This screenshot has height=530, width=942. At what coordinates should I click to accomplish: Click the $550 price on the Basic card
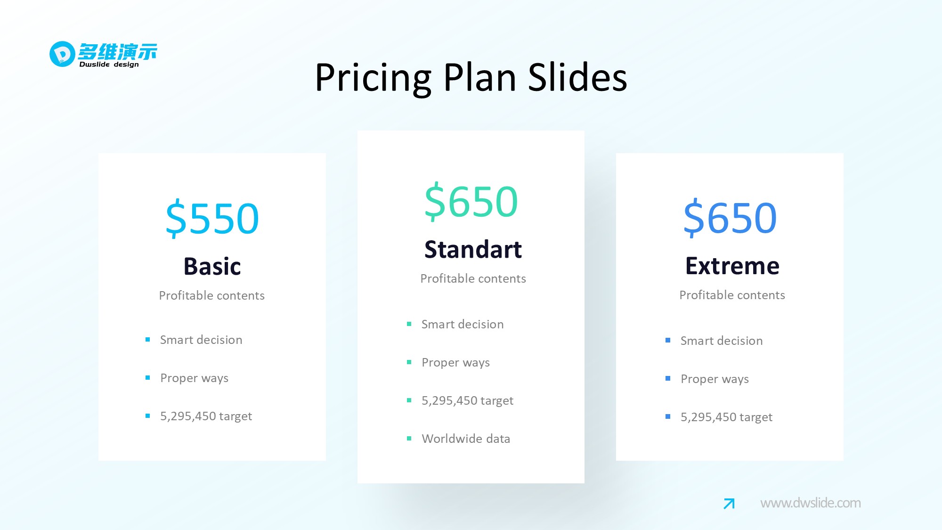click(212, 218)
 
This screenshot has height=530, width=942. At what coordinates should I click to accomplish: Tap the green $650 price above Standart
click(471, 202)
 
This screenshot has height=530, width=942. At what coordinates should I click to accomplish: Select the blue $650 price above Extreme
click(730, 218)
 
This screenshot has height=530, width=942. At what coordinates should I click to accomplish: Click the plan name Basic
click(212, 266)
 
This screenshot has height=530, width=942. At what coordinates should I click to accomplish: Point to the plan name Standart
click(473, 249)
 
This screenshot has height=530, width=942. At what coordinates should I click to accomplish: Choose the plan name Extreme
click(732, 266)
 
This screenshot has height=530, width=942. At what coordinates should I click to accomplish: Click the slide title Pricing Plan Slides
click(471, 77)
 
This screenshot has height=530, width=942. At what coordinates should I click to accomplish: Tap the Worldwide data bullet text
click(466, 439)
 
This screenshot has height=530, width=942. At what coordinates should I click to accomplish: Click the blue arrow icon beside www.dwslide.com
click(729, 504)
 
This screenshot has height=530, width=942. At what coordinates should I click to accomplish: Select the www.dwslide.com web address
click(811, 503)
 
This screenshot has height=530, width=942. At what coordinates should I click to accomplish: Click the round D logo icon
click(62, 54)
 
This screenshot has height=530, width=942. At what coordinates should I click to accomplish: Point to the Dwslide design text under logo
click(109, 65)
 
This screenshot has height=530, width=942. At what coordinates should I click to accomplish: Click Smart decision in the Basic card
click(201, 340)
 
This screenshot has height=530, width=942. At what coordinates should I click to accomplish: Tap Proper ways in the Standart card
click(455, 363)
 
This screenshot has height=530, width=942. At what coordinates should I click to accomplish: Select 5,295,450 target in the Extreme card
click(726, 417)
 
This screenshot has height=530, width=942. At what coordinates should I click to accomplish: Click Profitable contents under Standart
click(473, 278)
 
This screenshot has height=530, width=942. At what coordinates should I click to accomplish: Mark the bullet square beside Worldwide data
click(409, 439)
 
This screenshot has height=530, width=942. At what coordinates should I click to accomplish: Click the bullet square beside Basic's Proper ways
click(148, 378)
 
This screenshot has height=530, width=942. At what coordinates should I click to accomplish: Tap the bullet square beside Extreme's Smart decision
click(668, 340)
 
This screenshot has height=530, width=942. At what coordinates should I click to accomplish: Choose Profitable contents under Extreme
click(732, 295)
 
